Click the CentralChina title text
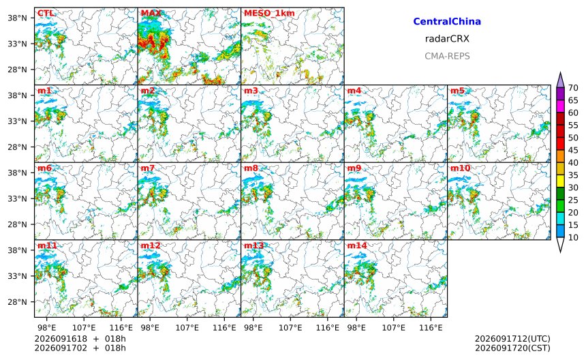(x=447, y=21)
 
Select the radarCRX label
(x=447, y=38)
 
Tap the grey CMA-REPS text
(x=447, y=56)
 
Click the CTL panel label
(x=46, y=14)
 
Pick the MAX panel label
(x=151, y=14)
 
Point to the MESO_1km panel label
(x=269, y=14)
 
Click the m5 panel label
(x=457, y=91)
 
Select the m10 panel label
(x=460, y=168)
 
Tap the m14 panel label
(x=357, y=245)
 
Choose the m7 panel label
(x=148, y=168)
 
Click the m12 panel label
(x=151, y=245)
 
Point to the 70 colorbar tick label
(x=573, y=88)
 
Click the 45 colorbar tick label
(x=573, y=150)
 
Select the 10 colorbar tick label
(x=573, y=237)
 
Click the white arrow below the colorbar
(x=560, y=245)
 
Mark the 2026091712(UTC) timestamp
(x=512, y=339)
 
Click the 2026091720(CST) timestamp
(x=512, y=348)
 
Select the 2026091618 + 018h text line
(x=80, y=339)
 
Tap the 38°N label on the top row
(x=18, y=18)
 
